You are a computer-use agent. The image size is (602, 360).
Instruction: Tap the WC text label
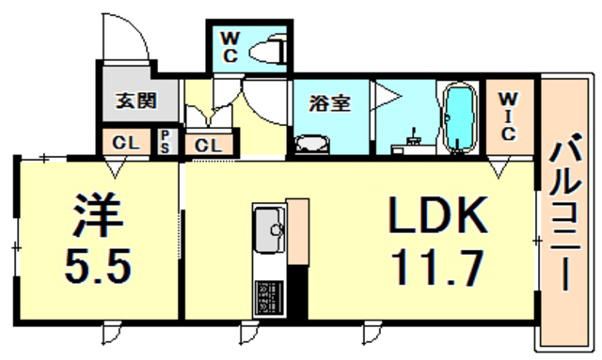[230, 45]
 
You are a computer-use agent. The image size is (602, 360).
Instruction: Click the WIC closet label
[507, 114]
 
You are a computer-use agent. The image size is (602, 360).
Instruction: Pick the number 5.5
[98, 269]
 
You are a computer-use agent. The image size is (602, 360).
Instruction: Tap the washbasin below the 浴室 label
[310, 144]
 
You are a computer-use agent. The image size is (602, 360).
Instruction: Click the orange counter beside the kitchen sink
[297, 231]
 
